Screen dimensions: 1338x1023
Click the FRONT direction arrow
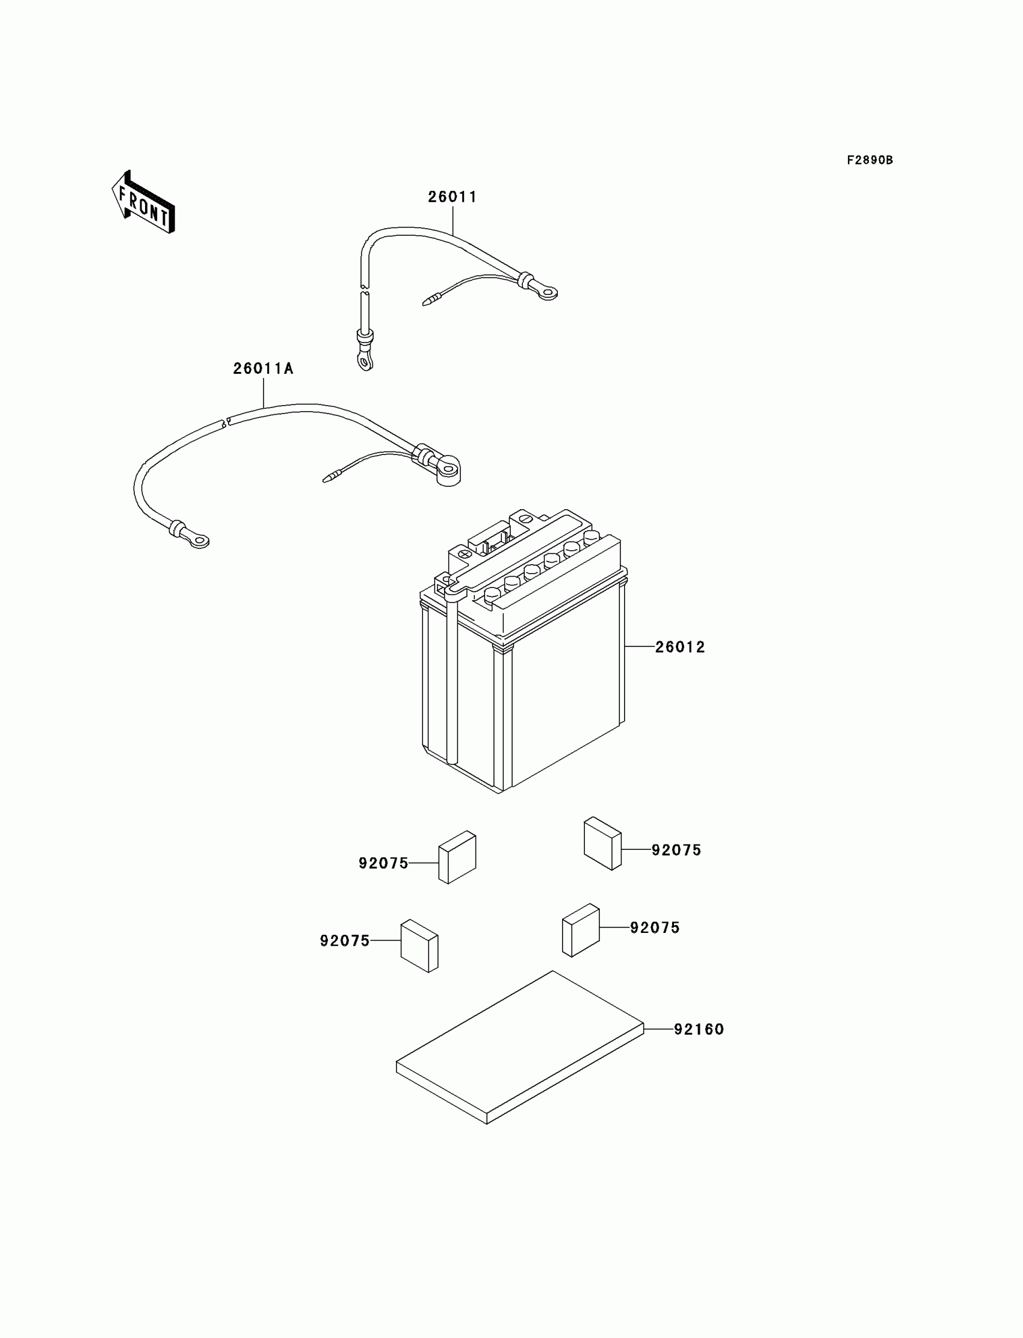tap(144, 202)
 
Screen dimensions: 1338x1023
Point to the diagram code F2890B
tap(870, 160)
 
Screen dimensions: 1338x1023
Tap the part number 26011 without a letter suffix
tap(452, 197)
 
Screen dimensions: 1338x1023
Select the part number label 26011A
tap(263, 368)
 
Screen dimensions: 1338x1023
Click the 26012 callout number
tap(679, 647)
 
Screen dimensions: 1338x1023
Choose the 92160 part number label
tap(699, 1029)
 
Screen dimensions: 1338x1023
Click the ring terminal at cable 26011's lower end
tap(365, 362)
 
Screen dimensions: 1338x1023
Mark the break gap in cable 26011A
tap(224, 422)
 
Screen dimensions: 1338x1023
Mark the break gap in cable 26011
tap(364, 289)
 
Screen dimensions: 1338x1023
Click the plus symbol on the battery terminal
tap(465, 554)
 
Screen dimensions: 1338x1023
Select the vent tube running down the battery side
tap(452, 682)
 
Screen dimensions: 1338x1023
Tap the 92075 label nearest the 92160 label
tap(655, 928)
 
